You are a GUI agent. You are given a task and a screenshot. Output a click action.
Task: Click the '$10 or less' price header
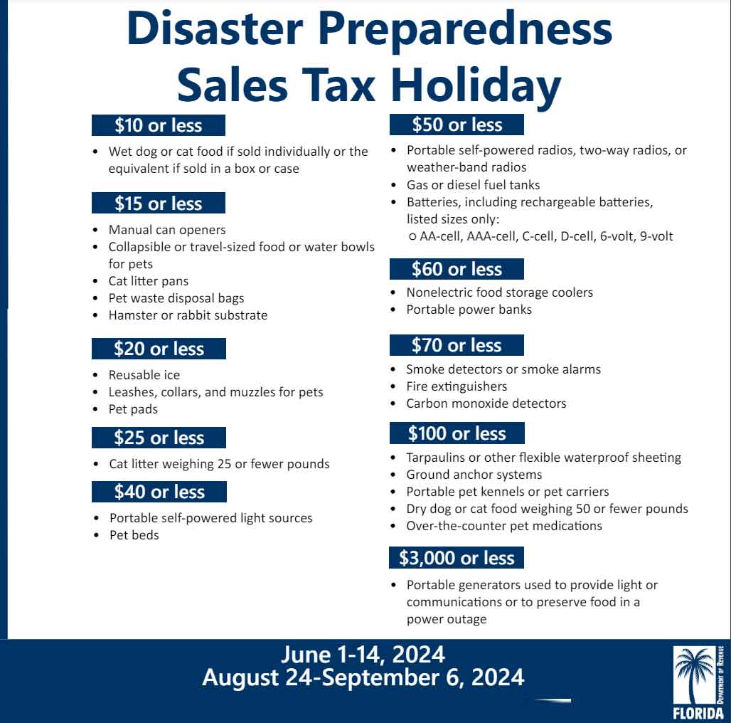(x=159, y=125)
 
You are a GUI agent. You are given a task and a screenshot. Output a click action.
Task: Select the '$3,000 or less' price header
(x=456, y=558)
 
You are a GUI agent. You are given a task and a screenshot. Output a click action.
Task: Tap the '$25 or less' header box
(x=159, y=438)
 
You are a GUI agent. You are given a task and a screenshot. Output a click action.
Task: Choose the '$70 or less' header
(x=457, y=345)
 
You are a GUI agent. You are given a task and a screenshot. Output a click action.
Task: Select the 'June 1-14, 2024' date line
(x=363, y=654)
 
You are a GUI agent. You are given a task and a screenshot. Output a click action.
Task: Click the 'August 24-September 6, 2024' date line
(x=363, y=677)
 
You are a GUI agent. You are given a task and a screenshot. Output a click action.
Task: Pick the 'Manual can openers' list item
(x=167, y=230)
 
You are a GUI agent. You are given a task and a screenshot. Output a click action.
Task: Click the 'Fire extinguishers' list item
(x=457, y=386)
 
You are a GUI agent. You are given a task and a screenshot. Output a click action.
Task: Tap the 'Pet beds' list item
(x=134, y=535)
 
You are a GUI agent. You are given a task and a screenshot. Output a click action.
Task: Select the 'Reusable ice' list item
(x=144, y=375)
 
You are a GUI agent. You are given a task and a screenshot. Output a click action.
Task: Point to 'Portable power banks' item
(x=469, y=310)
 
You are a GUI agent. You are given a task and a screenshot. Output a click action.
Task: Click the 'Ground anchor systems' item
(x=474, y=475)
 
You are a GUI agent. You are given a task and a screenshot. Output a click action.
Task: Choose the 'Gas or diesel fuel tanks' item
(x=474, y=185)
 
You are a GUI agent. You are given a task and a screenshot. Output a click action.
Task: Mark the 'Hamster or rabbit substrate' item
(x=188, y=315)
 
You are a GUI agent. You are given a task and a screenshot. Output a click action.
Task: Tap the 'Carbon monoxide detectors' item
(x=486, y=403)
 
